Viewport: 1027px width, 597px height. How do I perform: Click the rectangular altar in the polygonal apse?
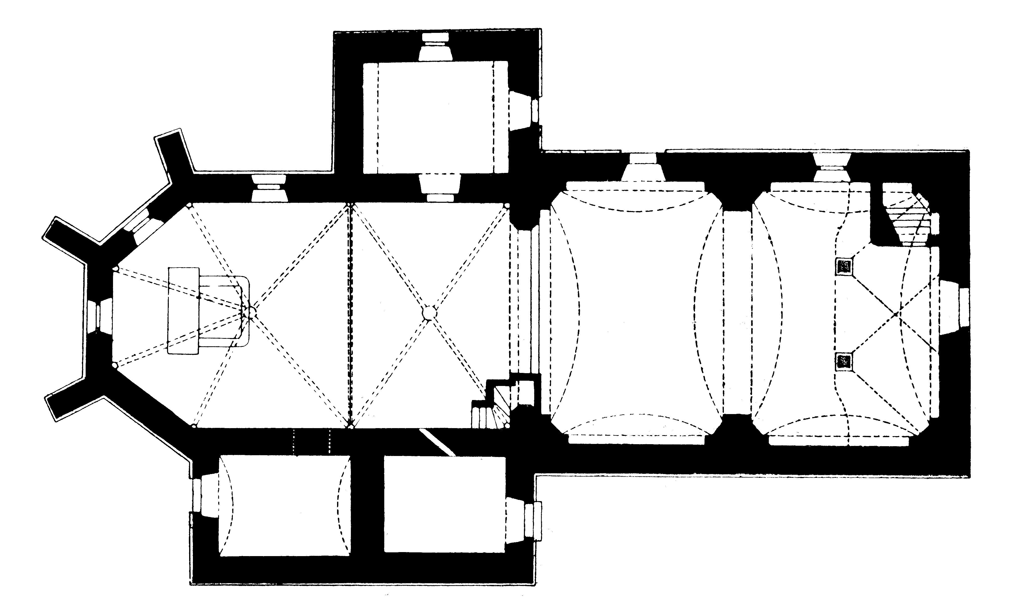pos(183,310)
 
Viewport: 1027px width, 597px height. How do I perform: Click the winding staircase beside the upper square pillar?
pos(907,220)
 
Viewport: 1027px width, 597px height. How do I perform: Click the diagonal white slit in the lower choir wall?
pos(438,442)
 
